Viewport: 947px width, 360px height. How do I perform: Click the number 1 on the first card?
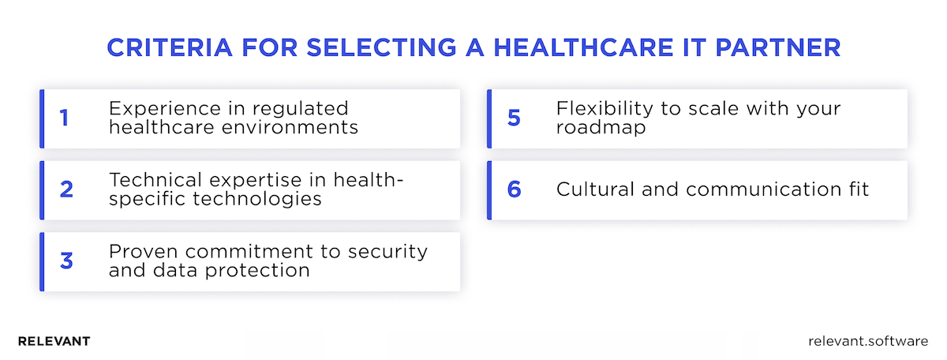tap(64, 118)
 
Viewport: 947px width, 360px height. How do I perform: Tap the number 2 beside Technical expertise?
tap(66, 189)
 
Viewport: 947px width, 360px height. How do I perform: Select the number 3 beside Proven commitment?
tap(66, 261)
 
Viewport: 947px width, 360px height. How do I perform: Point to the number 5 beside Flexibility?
tap(515, 118)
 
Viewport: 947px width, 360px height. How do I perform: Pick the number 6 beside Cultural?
tap(515, 189)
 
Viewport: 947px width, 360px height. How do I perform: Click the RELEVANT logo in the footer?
tap(54, 341)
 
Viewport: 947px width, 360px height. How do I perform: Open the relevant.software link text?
tap(868, 341)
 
